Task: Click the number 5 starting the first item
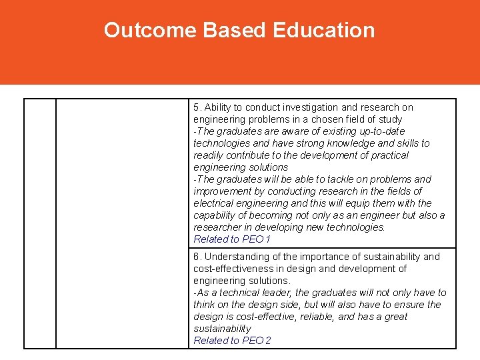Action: [196, 107]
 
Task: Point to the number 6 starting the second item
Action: [196, 257]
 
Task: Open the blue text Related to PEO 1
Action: [232, 239]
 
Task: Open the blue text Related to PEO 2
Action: [232, 341]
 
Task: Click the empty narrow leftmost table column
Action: [40, 223]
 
